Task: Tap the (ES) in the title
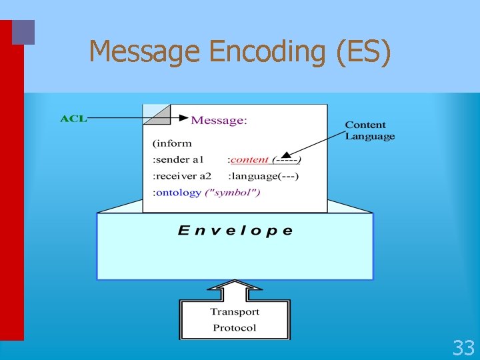364,52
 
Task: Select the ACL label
73,119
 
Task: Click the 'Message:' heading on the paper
219,121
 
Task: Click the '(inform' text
172,143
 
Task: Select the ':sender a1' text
178,160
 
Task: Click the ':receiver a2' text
182,176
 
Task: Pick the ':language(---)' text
263,176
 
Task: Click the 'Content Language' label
369,131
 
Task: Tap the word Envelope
235,231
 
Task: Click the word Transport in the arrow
235,311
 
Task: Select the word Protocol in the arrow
235,327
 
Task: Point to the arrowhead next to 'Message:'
183,119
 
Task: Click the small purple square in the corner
23,32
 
